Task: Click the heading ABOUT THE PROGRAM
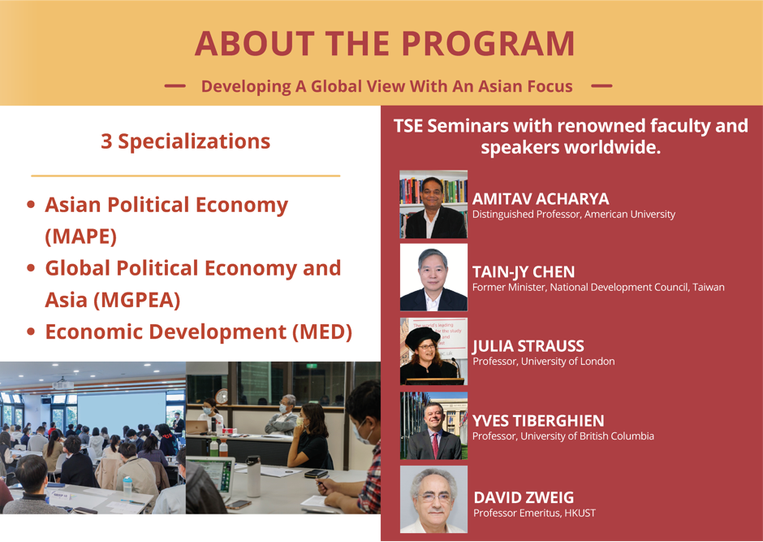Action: (385, 44)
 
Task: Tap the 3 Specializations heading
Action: (185, 141)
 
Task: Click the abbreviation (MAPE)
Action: (81, 236)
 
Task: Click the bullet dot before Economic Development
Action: (31, 332)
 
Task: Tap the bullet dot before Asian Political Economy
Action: (31, 206)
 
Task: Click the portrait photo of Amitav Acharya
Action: (433, 204)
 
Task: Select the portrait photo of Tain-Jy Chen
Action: (433, 277)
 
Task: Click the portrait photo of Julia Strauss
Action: (433, 350)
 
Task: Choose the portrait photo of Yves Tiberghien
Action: (433, 425)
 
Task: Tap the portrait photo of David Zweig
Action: (433, 498)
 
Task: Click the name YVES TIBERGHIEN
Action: (538, 421)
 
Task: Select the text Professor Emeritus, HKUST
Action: (530, 513)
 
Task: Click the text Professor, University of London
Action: (543, 362)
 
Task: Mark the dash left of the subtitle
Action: (175, 85)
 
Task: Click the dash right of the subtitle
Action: (601, 85)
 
